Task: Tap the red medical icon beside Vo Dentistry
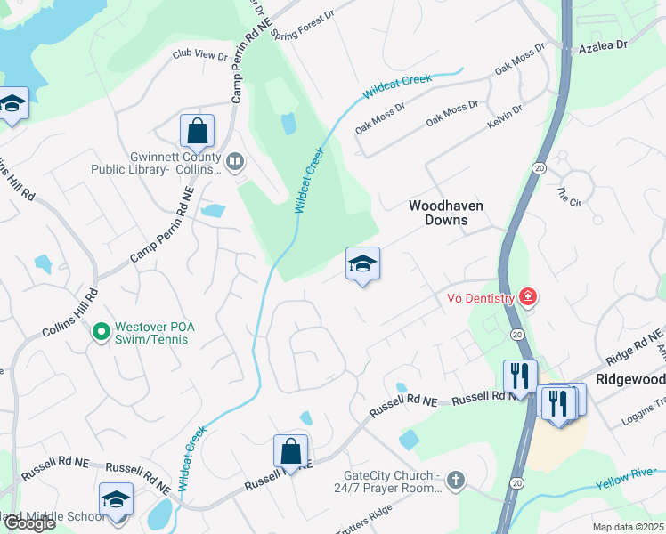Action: (527, 296)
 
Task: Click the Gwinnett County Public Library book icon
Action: (235, 161)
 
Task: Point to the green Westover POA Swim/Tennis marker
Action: (101, 333)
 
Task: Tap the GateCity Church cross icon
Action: (456, 481)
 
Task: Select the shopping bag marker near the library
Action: (197, 132)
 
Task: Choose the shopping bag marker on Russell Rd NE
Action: (290, 451)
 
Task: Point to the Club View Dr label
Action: (200, 55)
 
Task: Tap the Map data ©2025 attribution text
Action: (629, 527)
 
